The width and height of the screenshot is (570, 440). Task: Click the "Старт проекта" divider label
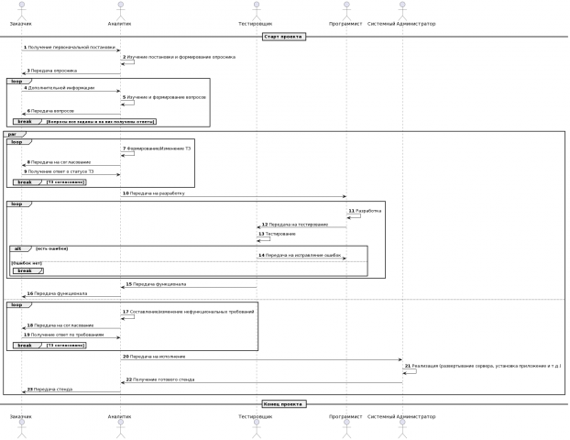(x=283, y=37)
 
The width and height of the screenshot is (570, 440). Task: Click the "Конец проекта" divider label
(x=283, y=403)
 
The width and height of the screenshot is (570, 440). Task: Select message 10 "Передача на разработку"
(x=157, y=193)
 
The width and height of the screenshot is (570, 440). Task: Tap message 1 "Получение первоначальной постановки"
(x=71, y=47)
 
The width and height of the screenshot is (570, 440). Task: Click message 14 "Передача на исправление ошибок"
(x=303, y=255)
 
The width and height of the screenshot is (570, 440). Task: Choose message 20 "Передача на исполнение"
(x=157, y=356)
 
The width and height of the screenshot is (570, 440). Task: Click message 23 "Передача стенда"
(x=53, y=390)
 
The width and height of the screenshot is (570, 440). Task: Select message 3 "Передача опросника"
(x=54, y=70)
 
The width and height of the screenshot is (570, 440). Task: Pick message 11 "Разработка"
(x=367, y=211)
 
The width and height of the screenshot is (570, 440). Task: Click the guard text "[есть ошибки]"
(x=52, y=248)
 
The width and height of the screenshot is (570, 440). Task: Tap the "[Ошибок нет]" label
(x=26, y=263)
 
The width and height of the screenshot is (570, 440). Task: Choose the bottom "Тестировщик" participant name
(x=256, y=417)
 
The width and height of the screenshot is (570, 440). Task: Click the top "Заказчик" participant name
(x=21, y=23)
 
